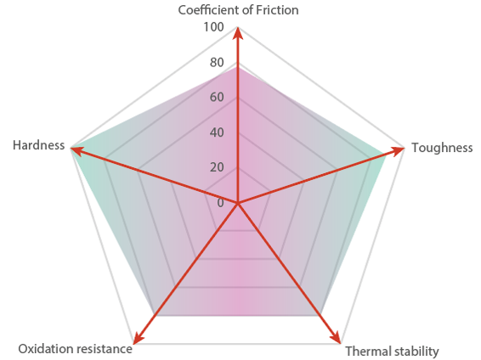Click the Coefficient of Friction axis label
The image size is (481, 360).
click(x=238, y=10)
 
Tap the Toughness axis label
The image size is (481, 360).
click(x=442, y=148)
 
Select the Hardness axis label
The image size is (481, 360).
click(x=38, y=145)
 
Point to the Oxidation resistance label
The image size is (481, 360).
click(x=75, y=349)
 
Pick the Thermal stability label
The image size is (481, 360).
click(x=393, y=352)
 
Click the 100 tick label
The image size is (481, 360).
click(x=214, y=27)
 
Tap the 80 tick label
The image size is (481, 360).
click(x=217, y=63)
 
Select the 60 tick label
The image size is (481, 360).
click(x=217, y=97)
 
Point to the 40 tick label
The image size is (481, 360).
click(x=217, y=132)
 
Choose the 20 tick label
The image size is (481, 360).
click(x=217, y=167)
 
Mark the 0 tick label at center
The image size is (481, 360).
click(x=221, y=203)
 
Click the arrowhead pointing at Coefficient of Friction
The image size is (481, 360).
click(x=238, y=33)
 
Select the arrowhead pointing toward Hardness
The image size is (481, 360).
click(x=76, y=151)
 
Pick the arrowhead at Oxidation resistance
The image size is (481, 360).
click(x=138, y=338)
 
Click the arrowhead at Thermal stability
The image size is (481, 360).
click(x=337, y=338)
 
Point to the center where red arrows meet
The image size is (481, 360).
click(x=237, y=203)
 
